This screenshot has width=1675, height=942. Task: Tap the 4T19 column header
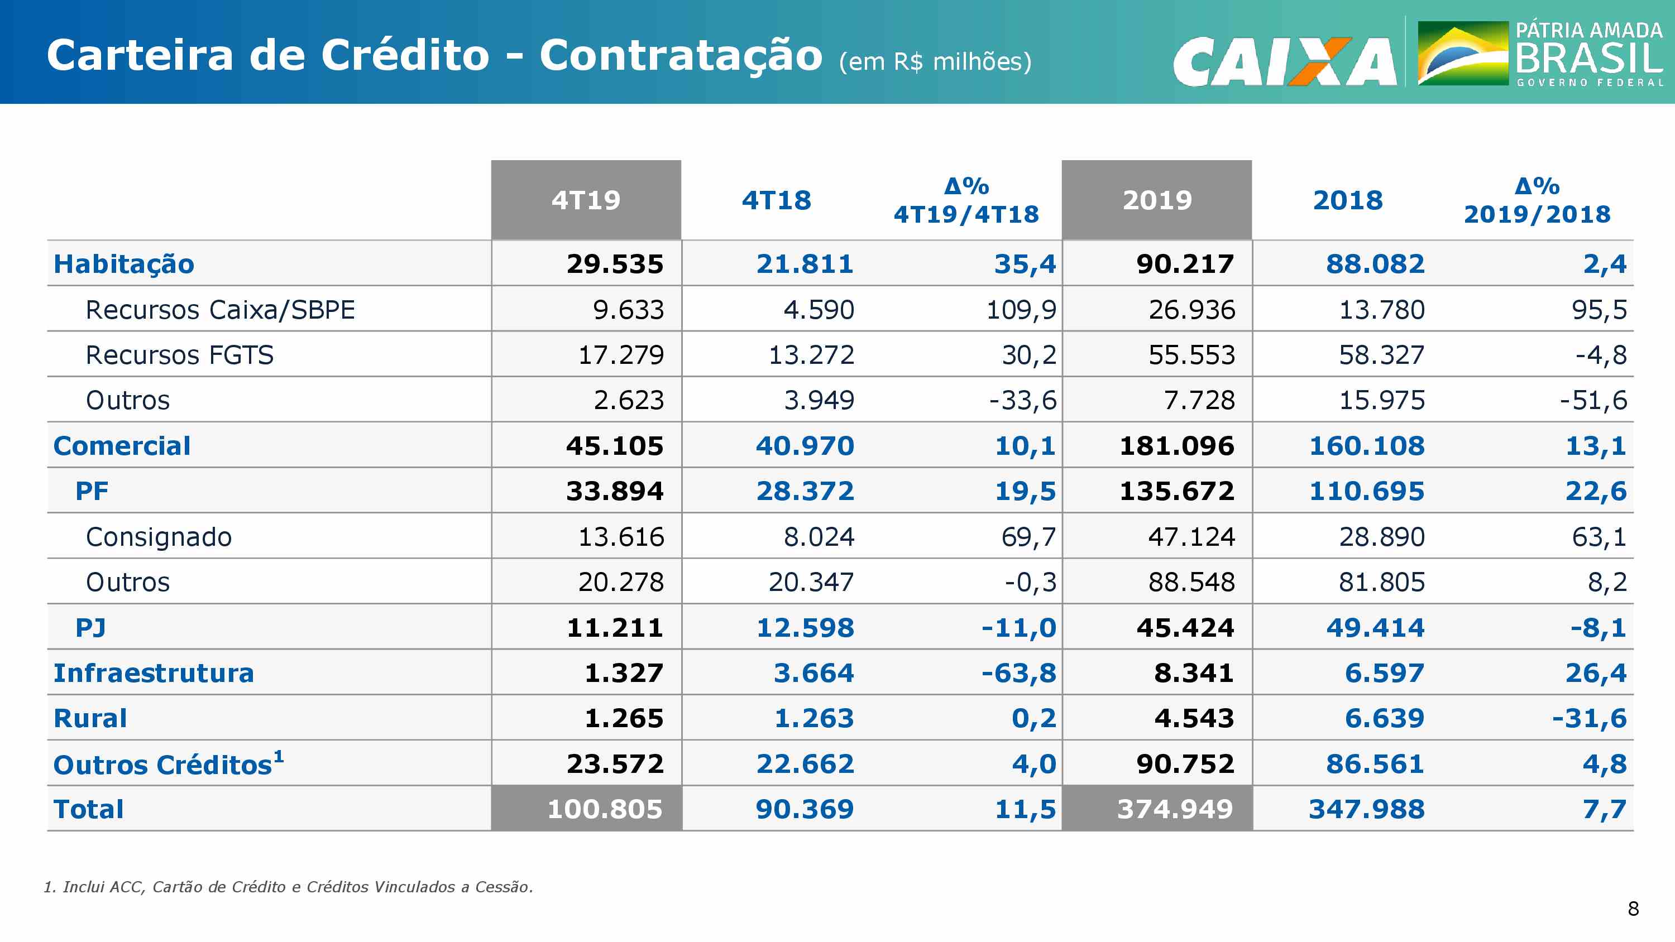click(586, 200)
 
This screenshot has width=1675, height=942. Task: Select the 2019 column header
click(1157, 200)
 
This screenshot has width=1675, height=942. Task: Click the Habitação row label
click(123, 264)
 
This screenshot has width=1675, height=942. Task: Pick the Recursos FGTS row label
click(179, 355)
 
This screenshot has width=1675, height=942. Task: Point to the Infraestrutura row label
click(154, 673)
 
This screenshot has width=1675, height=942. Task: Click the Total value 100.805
click(605, 809)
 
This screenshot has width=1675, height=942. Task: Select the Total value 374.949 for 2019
click(1175, 809)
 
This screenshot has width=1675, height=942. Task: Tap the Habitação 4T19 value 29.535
click(615, 264)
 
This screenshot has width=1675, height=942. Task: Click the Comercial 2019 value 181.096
click(1176, 446)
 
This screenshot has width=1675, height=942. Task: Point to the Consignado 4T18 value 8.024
click(818, 537)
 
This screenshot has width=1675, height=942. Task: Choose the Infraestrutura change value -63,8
click(1018, 673)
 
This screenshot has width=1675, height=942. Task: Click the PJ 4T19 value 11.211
click(615, 628)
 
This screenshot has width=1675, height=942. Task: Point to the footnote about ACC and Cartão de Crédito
click(288, 887)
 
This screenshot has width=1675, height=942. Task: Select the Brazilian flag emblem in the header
click(1462, 54)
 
